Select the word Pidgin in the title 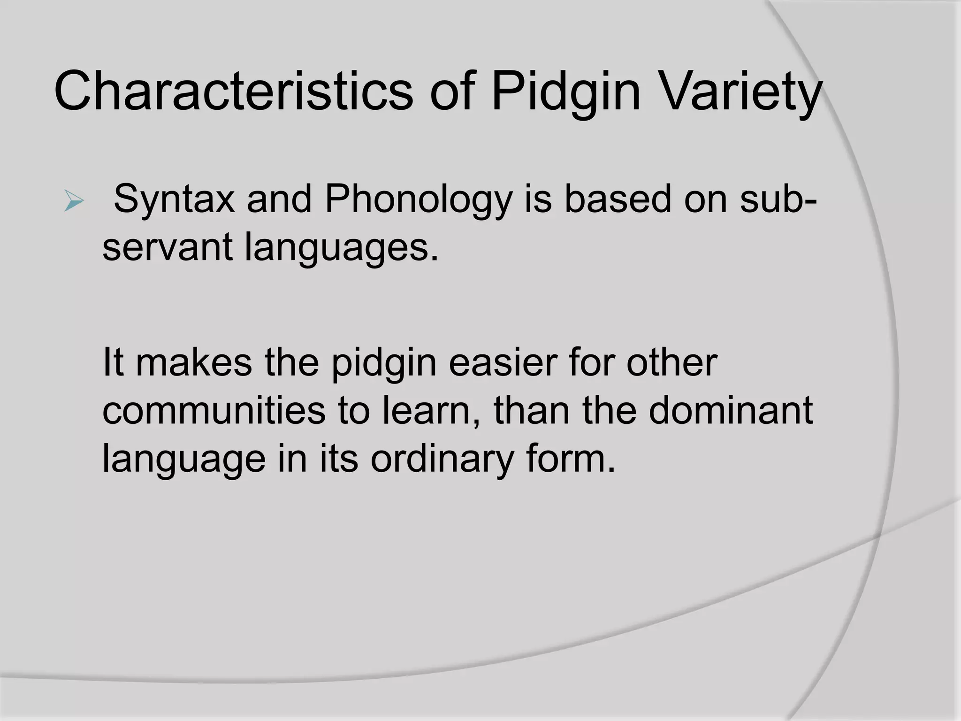coord(566,92)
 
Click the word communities coord(214,410)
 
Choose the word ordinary coord(441,460)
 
